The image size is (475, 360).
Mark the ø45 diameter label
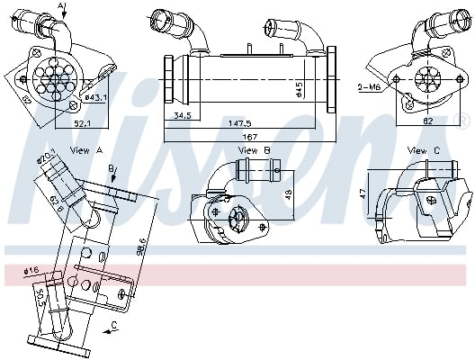(x=299, y=91)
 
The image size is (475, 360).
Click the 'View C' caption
(x=423, y=149)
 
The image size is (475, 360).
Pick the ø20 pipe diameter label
(x=48, y=159)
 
